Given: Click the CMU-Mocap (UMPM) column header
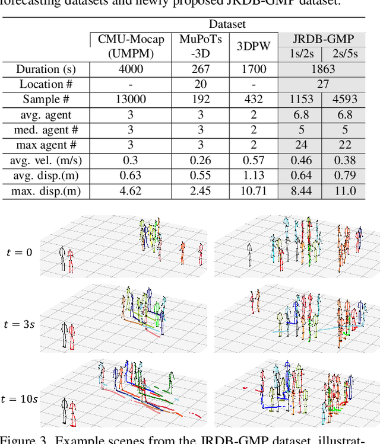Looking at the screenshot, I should [131, 46].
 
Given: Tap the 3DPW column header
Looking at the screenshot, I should [253, 46].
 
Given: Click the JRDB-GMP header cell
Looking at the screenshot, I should [322, 39].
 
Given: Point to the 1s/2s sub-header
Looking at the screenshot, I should [300, 53].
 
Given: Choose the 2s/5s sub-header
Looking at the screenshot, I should [344, 53].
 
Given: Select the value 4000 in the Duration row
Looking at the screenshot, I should [131, 69].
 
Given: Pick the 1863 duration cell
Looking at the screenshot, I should [322, 69].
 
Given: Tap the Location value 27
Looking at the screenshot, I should [322, 84].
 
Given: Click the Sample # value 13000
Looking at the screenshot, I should [131, 100].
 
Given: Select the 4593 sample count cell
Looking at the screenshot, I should [344, 100].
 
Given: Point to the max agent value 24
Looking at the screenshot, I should [300, 145].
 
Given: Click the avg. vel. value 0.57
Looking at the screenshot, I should [253, 161].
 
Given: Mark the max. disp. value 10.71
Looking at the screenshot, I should [253, 191].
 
